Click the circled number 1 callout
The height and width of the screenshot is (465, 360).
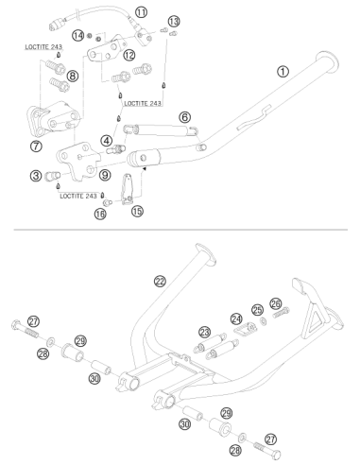click(283, 72)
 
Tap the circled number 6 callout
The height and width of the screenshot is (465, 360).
click(184, 117)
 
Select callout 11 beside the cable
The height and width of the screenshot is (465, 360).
click(141, 12)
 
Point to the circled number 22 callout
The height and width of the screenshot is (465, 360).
click(160, 281)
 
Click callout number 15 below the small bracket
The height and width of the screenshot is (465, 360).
click(137, 211)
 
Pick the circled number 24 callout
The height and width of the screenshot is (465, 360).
click(236, 319)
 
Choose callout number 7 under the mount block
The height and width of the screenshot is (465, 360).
click(36, 146)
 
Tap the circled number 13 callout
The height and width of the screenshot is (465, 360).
click(174, 22)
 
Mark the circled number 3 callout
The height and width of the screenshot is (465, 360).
click(36, 176)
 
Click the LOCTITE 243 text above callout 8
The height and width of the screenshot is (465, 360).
click(43, 47)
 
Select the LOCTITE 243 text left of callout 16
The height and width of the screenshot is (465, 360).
click(78, 196)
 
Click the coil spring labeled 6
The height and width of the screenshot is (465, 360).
click(161, 130)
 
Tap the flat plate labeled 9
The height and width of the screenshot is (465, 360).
click(78, 160)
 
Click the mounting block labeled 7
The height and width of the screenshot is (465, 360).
click(54, 120)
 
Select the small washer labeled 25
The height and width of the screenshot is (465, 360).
click(263, 321)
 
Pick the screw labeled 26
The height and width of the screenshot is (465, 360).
click(281, 313)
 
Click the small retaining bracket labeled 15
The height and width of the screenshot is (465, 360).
click(129, 189)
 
